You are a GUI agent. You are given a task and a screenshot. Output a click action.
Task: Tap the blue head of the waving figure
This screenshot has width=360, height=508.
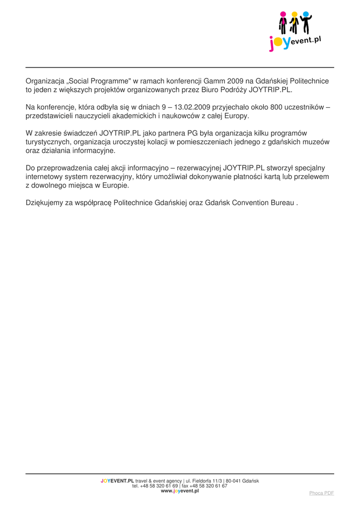point(305,14)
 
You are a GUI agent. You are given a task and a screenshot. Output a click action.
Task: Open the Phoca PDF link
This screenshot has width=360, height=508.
point(322,493)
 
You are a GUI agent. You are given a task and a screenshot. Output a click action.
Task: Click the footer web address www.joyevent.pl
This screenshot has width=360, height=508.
point(180,491)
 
